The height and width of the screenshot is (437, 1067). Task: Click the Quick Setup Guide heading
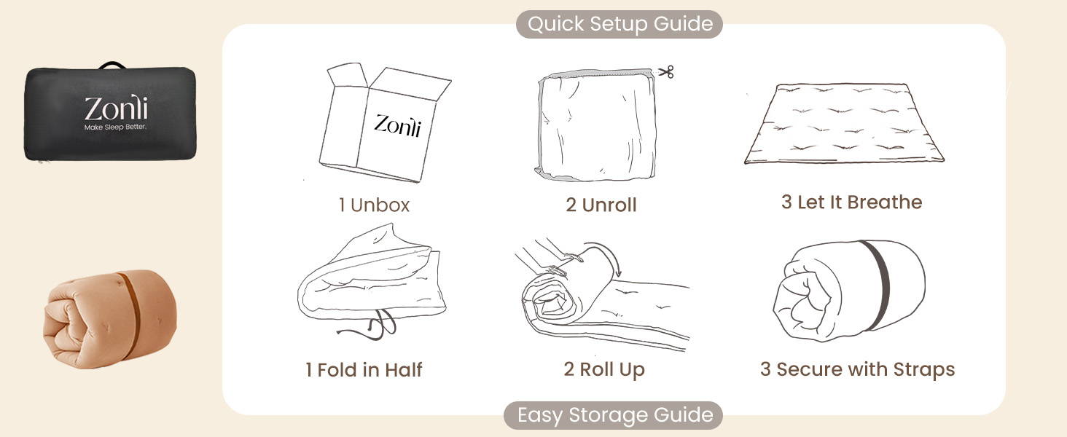[x=619, y=24]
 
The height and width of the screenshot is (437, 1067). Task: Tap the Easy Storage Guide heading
[x=614, y=415]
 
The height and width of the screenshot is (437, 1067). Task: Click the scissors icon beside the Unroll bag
[x=665, y=71]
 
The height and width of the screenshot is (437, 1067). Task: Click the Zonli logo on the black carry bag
[x=115, y=109]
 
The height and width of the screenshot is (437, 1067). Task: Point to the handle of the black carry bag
[x=110, y=66]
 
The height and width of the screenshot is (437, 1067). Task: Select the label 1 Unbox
[x=374, y=205]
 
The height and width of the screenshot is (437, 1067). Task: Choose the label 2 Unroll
[x=601, y=205]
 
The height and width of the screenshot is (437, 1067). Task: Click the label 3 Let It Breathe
[x=851, y=202]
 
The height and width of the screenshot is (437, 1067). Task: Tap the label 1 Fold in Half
[x=364, y=370]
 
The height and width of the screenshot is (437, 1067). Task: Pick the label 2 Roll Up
[x=604, y=369]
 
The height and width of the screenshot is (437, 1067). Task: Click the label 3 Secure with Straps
[x=857, y=369]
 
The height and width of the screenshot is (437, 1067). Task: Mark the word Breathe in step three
[x=888, y=202]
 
